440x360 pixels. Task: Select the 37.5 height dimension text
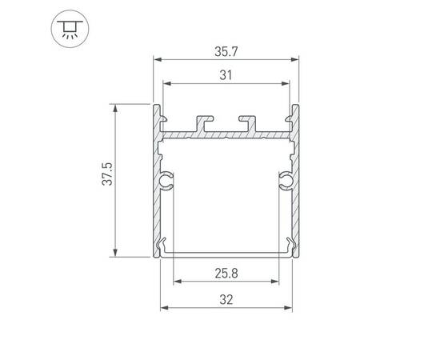click(106, 174)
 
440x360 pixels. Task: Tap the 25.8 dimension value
click(225, 273)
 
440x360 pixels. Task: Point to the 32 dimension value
click(225, 300)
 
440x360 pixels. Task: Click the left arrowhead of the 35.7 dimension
click(157, 59)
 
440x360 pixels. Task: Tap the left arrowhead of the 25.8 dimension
click(177, 282)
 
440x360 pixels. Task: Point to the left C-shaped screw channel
click(166, 181)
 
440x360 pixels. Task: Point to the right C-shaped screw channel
click(285, 181)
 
